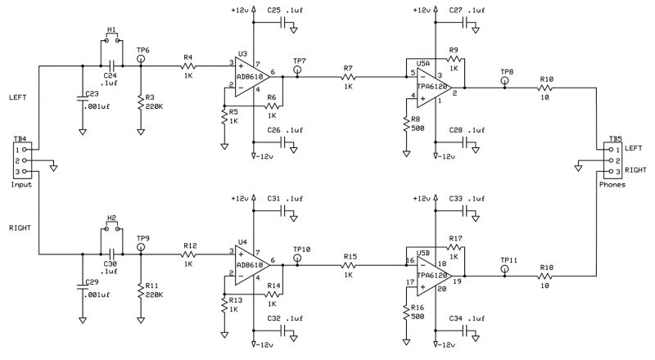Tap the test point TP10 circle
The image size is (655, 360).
(297, 259)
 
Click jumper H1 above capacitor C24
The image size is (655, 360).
(111, 38)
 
